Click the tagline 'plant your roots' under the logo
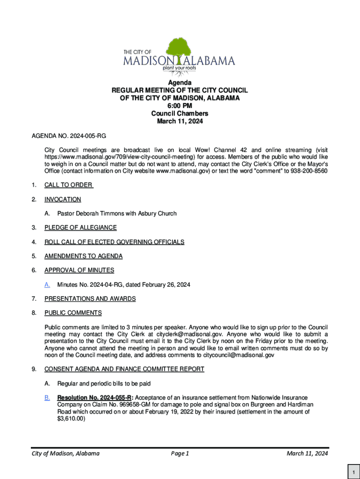click(x=179, y=68)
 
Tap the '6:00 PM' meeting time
click(x=180, y=106)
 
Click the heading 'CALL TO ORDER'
click(x=68, y=185)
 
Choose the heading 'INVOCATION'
click(x=63, y=199)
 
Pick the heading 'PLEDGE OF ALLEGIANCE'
click(x=80, y=228)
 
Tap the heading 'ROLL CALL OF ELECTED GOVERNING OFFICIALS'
click(x=114, y=242)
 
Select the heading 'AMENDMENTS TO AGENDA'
click(x=83, y=256)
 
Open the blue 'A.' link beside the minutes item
click(x=47, y=284)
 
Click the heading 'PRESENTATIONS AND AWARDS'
click(x=90, y=298)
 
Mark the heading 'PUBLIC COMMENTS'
click(x=73, y=312)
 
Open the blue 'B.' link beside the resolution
click(x=47, y=398)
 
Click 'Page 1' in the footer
click(x=180, y=454)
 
